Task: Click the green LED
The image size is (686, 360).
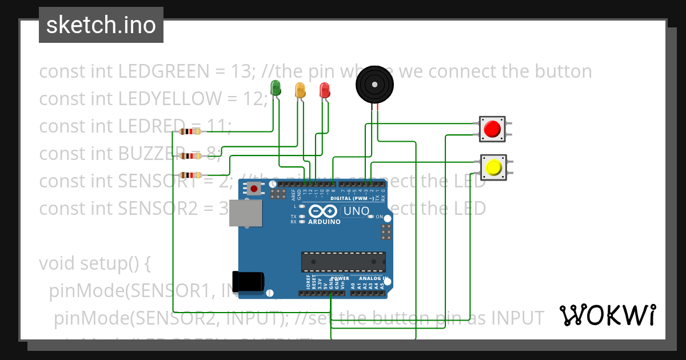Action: (275, 87)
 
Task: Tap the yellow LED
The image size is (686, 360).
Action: (300, 90)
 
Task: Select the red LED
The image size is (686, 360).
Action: (324, 90)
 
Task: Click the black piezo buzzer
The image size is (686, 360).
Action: (374, 85)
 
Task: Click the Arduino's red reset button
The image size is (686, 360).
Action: (253, 187)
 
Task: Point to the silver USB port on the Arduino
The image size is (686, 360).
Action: (246, 213)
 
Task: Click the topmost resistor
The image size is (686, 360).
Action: (190, 131)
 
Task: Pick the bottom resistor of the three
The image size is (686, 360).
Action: (190, 175)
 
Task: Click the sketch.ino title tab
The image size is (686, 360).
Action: (101, 25)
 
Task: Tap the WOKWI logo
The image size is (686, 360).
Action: (607, 315)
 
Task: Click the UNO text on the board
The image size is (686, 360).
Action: (355, 211)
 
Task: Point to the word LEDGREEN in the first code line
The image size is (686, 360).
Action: (163, 71)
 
